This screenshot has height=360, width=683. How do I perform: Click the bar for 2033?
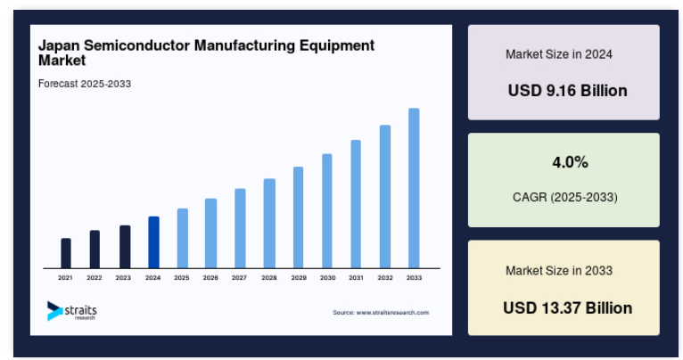point(414,188)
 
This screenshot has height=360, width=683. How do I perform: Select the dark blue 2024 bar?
point(153,241)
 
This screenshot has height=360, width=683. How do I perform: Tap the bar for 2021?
point(66,253)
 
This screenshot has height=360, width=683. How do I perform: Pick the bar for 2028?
point(269,223)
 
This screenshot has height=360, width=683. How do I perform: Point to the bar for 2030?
point(327,210)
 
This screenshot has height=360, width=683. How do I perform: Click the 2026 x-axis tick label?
point(210,278)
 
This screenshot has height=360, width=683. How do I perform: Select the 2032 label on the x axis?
point(385,278)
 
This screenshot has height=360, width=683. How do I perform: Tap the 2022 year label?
point(95,278)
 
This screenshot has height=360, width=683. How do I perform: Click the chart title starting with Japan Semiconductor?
point(206,53)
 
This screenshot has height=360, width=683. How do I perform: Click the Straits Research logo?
point(72,310)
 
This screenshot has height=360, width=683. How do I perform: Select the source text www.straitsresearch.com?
point(381,313)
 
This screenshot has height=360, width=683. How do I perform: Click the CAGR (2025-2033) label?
point(564,196)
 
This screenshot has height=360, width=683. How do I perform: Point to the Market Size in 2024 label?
point(559,54)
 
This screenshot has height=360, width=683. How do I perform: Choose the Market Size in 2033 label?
point(559,270)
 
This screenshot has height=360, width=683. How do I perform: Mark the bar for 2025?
point(182,238)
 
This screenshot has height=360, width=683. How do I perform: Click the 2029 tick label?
point(298,278)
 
